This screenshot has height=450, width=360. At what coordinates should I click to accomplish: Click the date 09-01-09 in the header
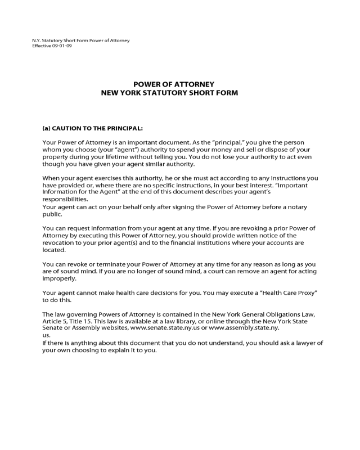pos(63,46)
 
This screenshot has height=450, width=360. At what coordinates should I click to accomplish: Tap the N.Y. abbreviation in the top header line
pos(37,40)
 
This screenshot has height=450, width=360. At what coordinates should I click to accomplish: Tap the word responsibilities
pos(65,200)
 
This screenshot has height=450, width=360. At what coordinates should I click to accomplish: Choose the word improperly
pos(59,278)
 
